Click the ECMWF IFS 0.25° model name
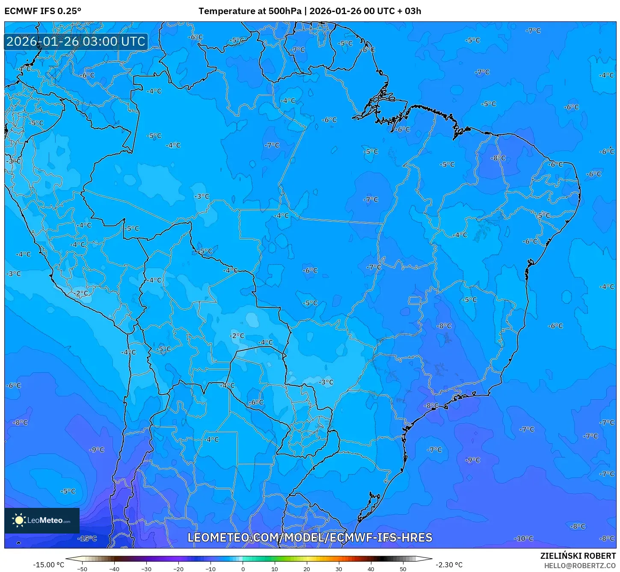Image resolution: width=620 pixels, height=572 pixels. [x=42, y=11]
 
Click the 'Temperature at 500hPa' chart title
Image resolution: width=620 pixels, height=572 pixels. [x=249, y=11]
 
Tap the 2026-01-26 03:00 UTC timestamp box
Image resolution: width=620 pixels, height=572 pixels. [x=76, y=41]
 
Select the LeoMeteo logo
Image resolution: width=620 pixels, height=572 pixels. [x=42, y=520]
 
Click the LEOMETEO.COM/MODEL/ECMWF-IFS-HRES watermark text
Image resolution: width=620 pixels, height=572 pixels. [x=310, y=537]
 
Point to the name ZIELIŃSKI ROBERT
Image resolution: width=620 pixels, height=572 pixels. [x=578, y=556]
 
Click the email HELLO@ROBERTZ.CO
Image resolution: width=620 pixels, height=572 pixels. [x=580, y=566]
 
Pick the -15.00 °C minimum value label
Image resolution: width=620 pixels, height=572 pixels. [x=48, y=565]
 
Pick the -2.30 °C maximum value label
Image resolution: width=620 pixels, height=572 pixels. [x=449, y=565]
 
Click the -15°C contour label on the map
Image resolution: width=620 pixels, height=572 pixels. [x=87, y=539]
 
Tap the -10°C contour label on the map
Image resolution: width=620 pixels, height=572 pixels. [x=524, y=539]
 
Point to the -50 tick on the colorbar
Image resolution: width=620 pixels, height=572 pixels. [x=82, y=569]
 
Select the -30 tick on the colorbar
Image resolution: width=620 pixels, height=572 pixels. [x=146, y=569]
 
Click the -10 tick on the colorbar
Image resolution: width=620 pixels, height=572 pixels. [x=211, y=569]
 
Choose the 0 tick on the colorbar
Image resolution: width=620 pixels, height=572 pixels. [x=243, y=569]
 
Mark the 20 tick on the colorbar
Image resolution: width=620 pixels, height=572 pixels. [x=307, y=569]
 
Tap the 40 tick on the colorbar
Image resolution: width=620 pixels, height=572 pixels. [x=371, y=569]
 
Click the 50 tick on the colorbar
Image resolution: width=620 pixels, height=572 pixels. [x=403, y=569]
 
